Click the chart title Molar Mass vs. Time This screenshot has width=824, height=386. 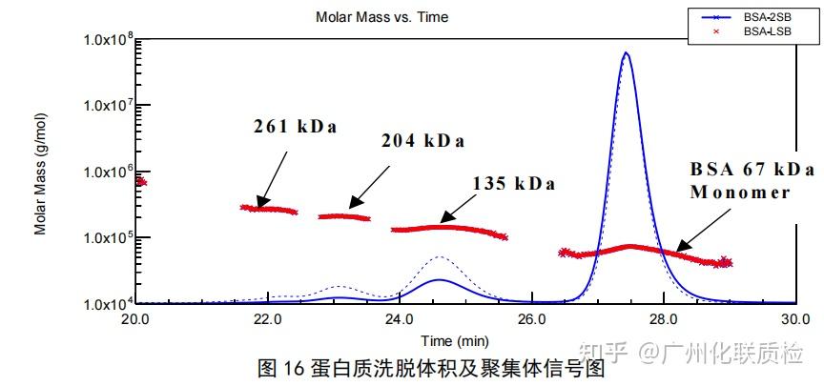pos(381,17)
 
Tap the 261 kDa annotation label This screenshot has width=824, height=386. pos(296,126)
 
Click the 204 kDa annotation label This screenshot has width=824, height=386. pos(422,141)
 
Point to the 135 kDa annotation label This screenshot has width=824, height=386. pos(513,183)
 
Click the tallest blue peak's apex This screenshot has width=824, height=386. pos(626,53)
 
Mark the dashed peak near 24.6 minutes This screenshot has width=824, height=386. pos(439,257)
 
